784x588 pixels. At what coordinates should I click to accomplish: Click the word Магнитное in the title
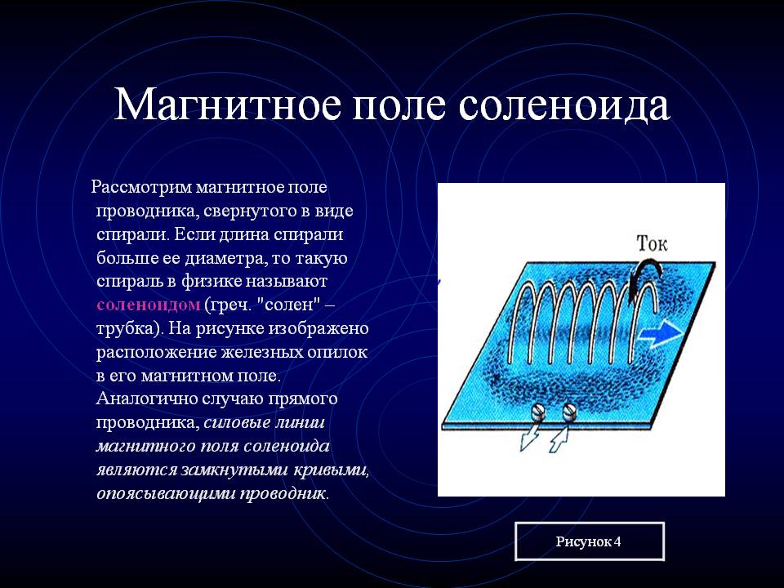pyautogui.click(x=228, y=105)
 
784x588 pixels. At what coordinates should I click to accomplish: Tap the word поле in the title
pyautogui.click(x=399, y=105)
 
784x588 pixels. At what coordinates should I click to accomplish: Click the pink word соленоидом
pyautogui.click(x=149, y=305)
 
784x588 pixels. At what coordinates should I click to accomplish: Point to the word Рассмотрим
pyautogui.click(x=141, y=188)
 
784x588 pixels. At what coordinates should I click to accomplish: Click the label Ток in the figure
pyautogui.click(x=652, y=243)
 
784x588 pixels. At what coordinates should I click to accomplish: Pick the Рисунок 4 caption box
pyautogui.click(x=590, y=541)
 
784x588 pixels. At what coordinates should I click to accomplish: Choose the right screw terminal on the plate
pyautogui.click(x=570, y=412)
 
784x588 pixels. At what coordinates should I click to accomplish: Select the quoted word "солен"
pyautogui.click(x=288, y=305)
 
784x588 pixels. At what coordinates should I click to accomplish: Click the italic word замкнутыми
pyautogui.click(x=234, y=470)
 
